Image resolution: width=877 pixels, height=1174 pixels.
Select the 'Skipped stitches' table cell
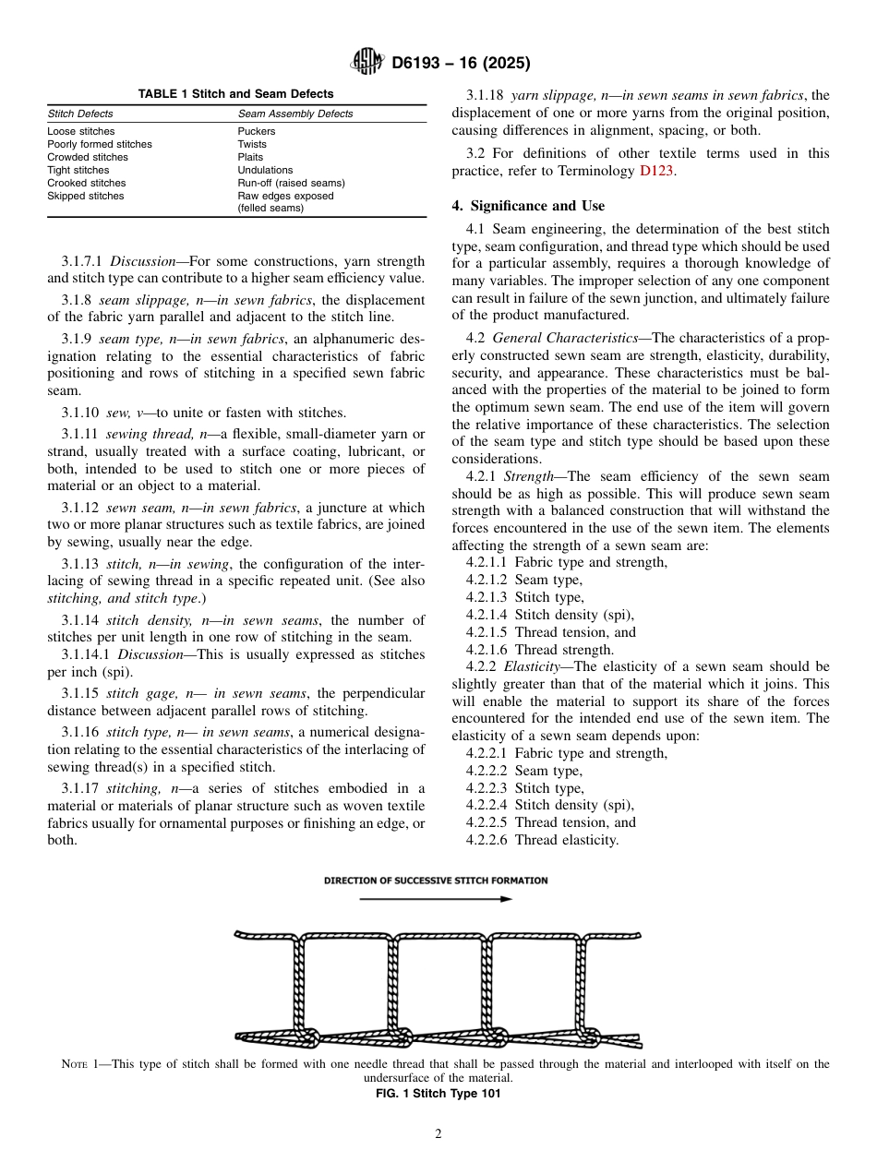coord(86,196)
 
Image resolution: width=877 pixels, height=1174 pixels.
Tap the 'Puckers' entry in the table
coord(257,131)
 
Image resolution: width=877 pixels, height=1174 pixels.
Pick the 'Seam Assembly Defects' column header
coord(295,114)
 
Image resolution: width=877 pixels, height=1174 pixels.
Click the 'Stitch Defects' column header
coord(80,114)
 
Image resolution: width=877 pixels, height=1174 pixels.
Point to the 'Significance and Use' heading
coord(528,206)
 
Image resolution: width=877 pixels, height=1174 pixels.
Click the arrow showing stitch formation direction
coord(436,898)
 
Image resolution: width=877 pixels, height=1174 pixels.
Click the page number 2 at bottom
coord(438,1134)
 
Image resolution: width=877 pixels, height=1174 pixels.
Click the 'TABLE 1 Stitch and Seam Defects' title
coord(235,94)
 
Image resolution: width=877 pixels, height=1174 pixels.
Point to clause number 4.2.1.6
coord(487,650)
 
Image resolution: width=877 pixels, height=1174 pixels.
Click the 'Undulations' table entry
coord(265,170)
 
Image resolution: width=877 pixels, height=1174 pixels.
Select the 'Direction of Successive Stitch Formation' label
coord(436,880)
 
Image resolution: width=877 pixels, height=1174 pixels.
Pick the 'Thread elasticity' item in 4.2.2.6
coord(566,840)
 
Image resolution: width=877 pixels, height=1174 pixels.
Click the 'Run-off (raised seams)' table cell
coord(291,183)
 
